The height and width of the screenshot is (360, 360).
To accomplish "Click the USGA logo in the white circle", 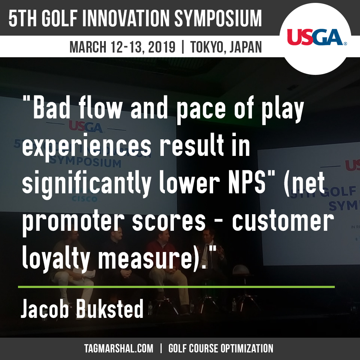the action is click(x=317, y=37).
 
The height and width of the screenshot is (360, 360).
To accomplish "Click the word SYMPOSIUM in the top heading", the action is click(x=218, y=19).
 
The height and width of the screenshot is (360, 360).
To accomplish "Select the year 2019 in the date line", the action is click(x=162, y=47).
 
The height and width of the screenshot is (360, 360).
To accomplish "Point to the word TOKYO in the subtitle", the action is click(x=206, y=47).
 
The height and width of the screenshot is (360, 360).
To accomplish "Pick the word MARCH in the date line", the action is click(x=88, y=47).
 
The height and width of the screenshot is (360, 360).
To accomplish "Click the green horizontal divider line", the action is click(x=176, y=287).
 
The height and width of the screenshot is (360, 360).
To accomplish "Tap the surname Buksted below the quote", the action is click(x=110, y=309).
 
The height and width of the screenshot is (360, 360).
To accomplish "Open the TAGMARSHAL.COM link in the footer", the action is click(x=118, y=348).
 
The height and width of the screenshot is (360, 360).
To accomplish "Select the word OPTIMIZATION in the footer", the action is click(x=247, y=348).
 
